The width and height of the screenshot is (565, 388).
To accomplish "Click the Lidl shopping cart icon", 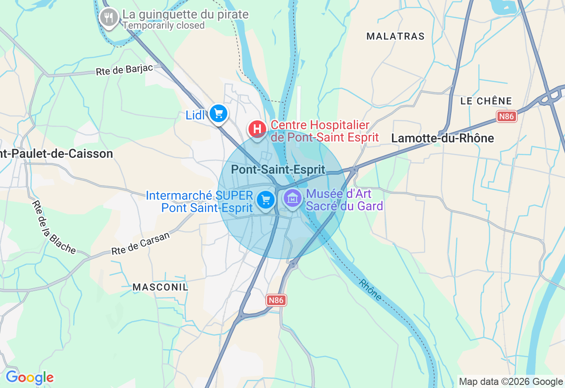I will coord(218,114).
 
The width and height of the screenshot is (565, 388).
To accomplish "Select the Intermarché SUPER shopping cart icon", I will coord(266,200).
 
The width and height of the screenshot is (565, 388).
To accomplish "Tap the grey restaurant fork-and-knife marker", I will coord(109,18).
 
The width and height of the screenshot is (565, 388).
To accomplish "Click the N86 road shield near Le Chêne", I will coord(506,116).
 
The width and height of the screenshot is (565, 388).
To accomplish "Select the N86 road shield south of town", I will coord(276,300).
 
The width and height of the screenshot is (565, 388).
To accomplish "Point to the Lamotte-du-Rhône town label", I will coord(442,138).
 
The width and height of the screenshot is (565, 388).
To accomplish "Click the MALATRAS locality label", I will coord(395,36).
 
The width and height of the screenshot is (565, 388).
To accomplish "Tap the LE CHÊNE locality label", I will coord(486,101).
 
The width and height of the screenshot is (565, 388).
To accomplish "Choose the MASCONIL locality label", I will coord(160,287).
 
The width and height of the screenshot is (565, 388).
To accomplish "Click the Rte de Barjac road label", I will coord(124,70).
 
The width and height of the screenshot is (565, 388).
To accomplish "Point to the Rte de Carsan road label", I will coord(140,244).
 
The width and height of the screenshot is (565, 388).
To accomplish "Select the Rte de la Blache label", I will coord(54,228).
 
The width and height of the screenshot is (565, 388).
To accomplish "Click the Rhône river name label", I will coord(370,290).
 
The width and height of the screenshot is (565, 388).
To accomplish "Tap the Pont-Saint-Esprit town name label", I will coord(278,169).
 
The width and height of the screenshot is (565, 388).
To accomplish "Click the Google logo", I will coord(30,377).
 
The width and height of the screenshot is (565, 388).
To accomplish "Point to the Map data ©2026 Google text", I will coord(511,382).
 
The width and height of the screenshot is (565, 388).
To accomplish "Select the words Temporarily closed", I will coord(163,26).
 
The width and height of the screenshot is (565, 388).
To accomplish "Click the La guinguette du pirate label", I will coord(185,15).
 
